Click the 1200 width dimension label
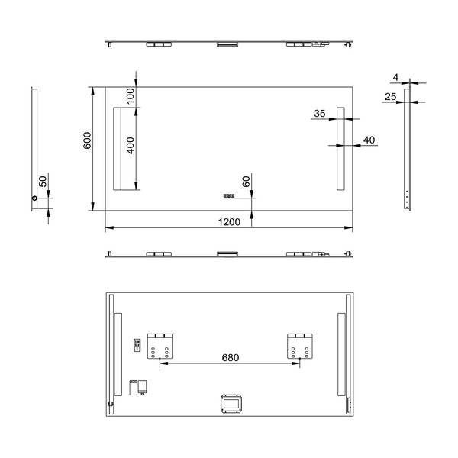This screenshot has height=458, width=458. point(229,222)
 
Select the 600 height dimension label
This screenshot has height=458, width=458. point(87,140)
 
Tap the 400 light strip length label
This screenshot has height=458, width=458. point(131,146)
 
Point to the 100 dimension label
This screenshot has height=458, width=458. point(131,96)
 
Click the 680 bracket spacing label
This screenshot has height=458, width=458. point(231,357)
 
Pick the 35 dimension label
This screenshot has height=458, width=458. point(320,113)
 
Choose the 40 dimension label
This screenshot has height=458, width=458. point(369,140)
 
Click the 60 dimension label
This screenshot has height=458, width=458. point(247,182)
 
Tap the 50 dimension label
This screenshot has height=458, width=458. point(43,182)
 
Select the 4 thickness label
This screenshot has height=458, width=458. point(395,77)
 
